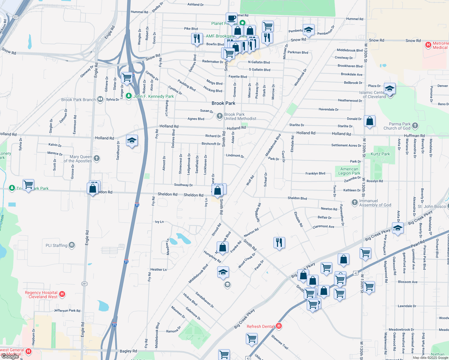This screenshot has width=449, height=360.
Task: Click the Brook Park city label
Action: [223, 103]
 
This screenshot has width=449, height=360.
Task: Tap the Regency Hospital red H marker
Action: [62, 294]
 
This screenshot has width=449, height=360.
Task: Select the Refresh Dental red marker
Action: [279, 326]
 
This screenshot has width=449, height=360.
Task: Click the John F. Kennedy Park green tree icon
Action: [129, 96]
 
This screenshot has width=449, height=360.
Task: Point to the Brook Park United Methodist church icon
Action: [220, 116]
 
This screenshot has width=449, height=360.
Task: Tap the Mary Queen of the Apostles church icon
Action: [97, 158]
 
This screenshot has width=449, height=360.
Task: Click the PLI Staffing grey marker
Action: [72, 245]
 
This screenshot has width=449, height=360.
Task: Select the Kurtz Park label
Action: [380, 154]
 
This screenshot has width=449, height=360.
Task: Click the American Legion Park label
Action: [349, 171]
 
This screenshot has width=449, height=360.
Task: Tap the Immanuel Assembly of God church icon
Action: [355, 202]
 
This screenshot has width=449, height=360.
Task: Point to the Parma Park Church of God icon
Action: [415, 126]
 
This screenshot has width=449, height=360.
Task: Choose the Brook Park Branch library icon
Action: [100, 99]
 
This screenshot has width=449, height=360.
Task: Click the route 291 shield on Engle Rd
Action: [84, 283]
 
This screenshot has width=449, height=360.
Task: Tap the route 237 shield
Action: [16, 17]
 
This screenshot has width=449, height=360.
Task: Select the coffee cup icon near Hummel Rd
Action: [231, 18]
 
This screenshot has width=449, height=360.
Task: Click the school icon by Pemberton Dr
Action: [309, 30]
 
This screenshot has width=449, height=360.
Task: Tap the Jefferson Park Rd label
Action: [67, 310]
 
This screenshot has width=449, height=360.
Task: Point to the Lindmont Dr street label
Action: [235, 156]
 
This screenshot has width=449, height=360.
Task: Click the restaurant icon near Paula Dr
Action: [279, 242]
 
